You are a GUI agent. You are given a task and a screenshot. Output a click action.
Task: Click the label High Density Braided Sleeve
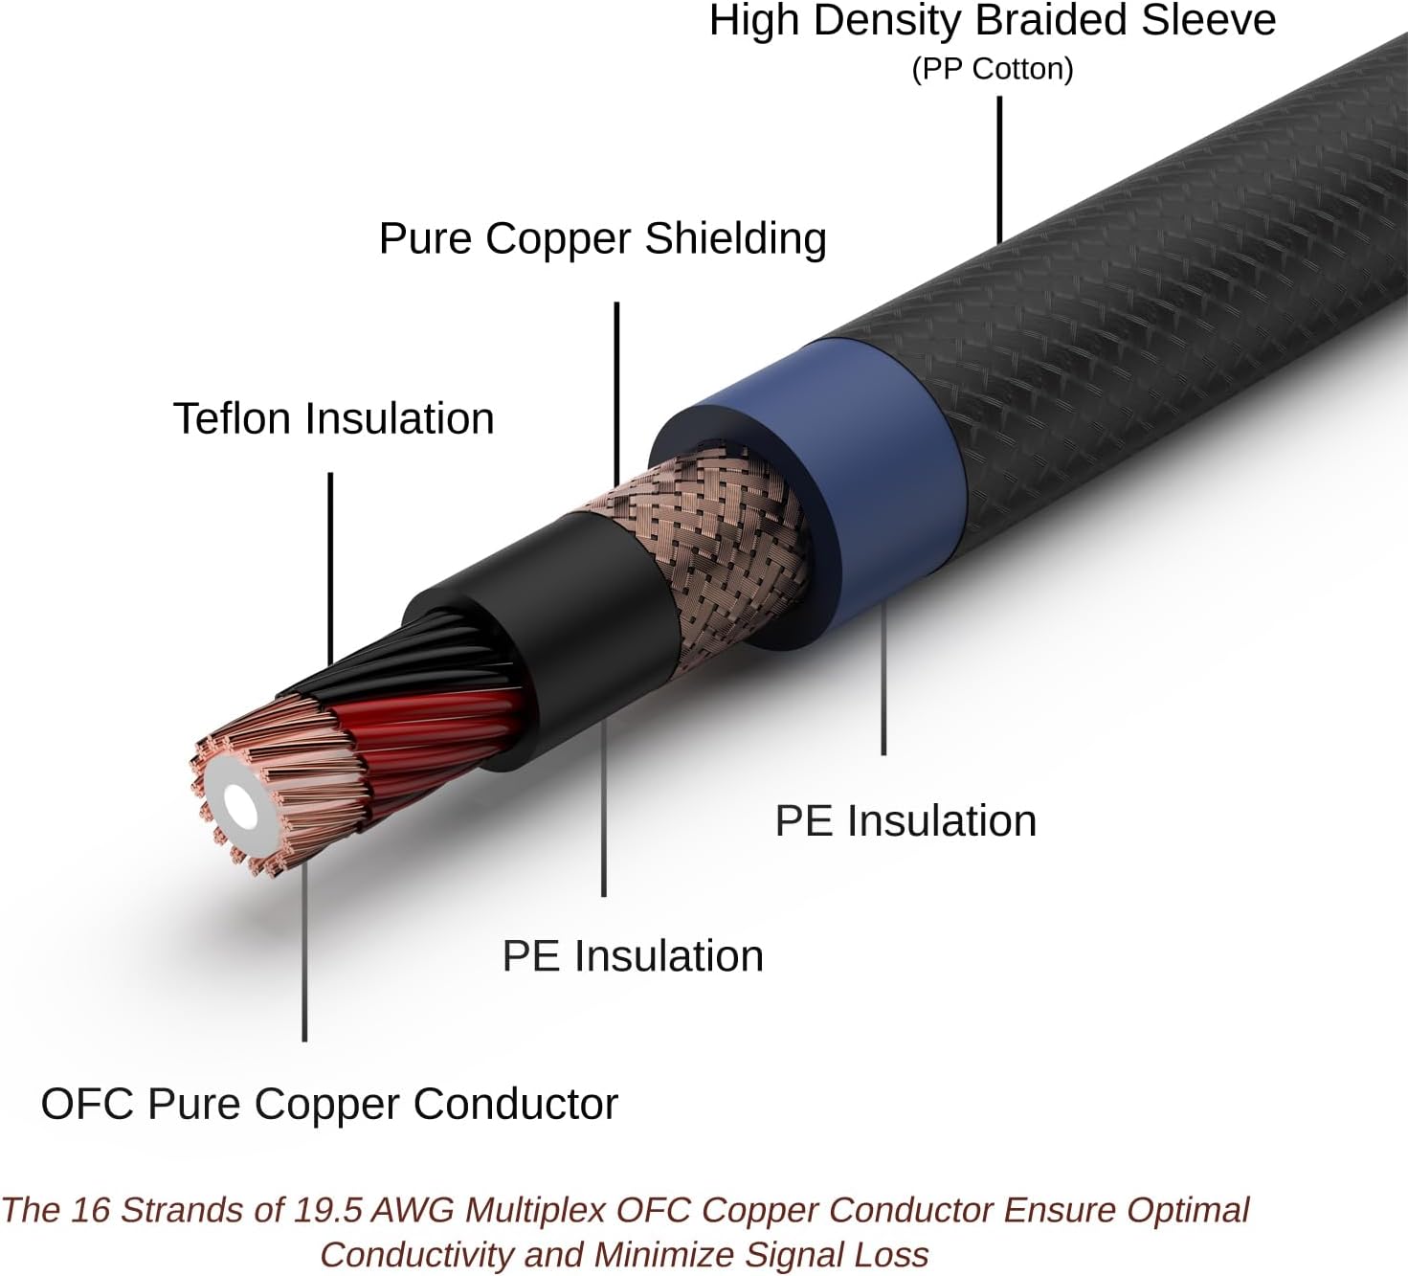(992, 21)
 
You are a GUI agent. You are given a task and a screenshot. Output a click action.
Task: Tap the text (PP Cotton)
(992, 69)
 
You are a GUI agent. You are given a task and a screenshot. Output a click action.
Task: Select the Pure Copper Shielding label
(602, 238)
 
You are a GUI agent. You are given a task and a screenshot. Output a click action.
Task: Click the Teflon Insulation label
(333, 418)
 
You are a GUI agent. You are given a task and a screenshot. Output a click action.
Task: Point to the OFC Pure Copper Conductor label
(329, 1104)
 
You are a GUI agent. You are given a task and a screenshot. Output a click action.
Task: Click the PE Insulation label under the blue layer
(905, 821)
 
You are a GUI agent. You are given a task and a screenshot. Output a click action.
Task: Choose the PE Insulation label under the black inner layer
(633, 956)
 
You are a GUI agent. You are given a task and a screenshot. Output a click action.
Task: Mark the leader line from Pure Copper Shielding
(616, 392)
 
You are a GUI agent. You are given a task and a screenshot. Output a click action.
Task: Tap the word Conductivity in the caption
(401, 1254)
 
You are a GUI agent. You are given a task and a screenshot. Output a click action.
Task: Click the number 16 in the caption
(91, 1210)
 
